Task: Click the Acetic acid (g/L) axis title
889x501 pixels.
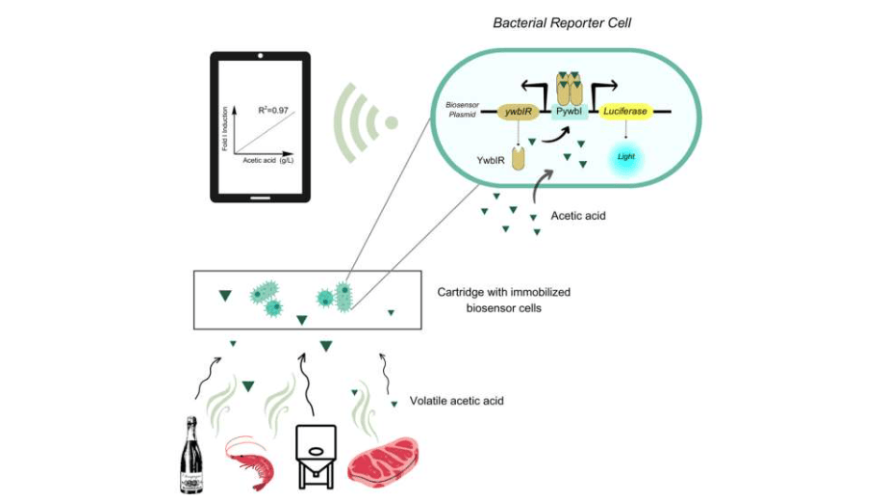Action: [267, 160]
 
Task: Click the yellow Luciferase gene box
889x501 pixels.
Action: [625, 113]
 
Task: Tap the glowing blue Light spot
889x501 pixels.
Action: [625, 155]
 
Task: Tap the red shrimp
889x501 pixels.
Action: [252, 461]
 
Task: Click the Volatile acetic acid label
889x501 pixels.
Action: [456, 401]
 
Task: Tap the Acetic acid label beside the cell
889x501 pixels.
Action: [578, 216]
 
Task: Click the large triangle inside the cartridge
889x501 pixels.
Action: [225, 296]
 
